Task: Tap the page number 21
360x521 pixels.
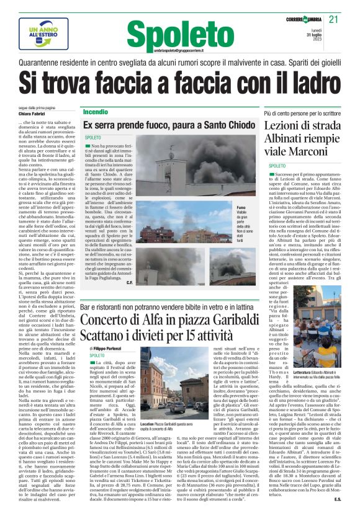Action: (x=333, y=20)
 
